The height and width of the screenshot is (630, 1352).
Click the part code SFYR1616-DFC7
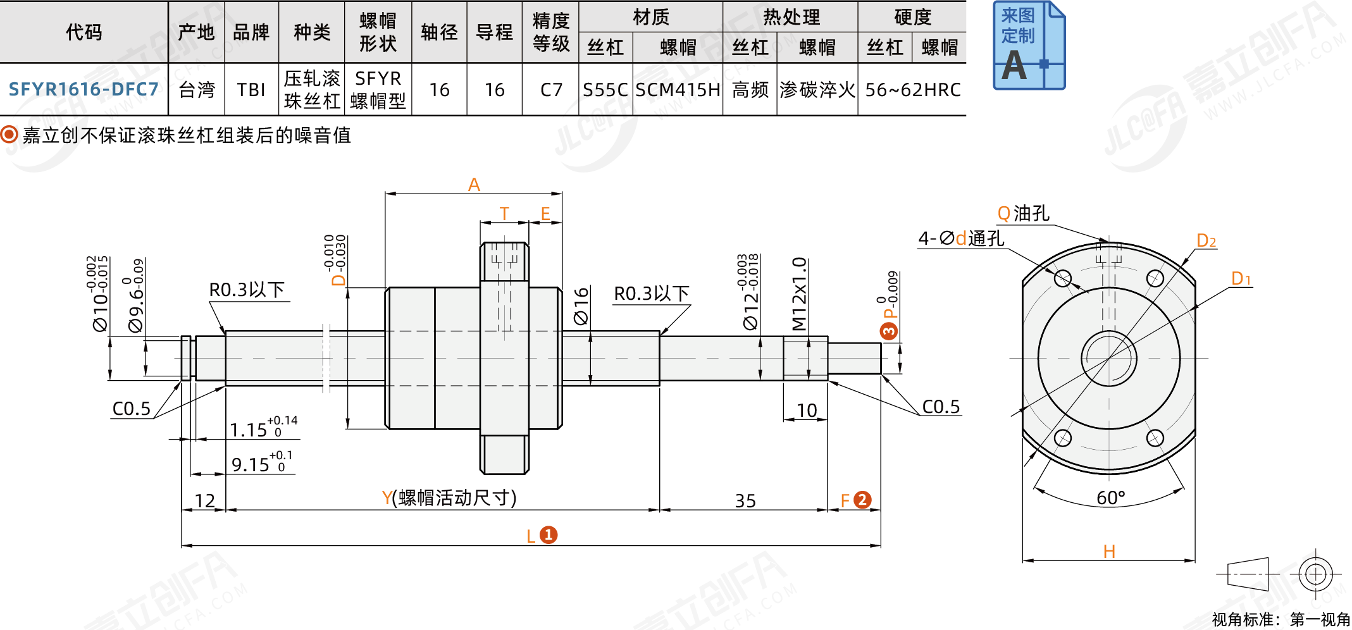click(84, 89)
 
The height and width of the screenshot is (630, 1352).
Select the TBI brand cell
click(251, 90)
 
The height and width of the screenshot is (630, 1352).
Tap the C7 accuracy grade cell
click(551, 90)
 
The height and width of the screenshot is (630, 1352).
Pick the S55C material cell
click(605, 90)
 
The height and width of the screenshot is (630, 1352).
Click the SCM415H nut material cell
click(678, 90)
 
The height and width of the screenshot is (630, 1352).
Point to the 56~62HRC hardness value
click(912, 90)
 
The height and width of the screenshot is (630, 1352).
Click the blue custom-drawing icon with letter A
click(1029, 46)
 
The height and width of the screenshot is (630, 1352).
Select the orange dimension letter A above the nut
click(474, 184)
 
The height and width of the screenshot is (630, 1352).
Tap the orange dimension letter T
click(504, 214)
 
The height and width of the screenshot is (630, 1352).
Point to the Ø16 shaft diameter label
click(581, 306)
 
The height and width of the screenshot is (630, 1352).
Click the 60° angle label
click(1110, 498)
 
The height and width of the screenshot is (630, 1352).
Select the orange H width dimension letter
click(1109, 552)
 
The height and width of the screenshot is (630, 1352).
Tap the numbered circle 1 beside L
click(549, 535)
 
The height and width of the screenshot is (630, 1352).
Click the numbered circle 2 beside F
click(862, 500)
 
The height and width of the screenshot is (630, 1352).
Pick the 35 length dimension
click(745, 501)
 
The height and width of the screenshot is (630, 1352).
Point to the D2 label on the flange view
click(1206, 240)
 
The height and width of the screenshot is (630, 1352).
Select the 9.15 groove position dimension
click(251, 465)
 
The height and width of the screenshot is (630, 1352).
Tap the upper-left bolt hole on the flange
click(1063, 278)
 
